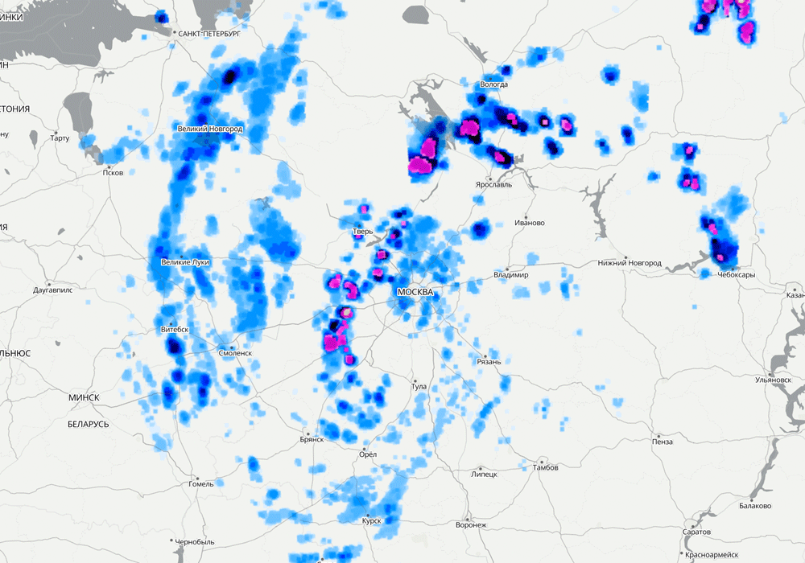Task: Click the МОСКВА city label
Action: pos(415,292)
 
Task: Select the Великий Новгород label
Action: pos(209,129)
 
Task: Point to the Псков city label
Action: pos(114,173)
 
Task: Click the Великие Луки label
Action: pos(185,262)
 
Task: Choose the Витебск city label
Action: pos(175,330)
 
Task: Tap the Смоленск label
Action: pos(235,352)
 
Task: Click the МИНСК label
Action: pos(84,397)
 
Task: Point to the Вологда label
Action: pos(493,84)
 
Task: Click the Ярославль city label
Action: pos(494,183)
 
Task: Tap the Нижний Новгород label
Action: pos(630,263)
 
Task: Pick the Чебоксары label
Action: pos(737,275)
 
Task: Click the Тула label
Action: pos(419,387)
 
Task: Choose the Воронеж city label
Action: pos(471,525)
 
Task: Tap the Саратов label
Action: pos(696,532)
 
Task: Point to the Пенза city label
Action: pos(663,442)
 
